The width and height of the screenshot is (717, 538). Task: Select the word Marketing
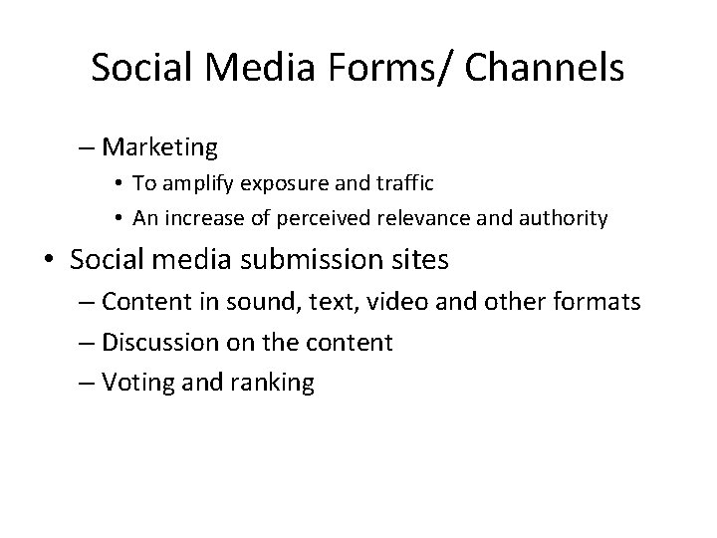pyautogui.click(x=159, y=148)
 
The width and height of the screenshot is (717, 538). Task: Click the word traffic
pyautogui.click(x=413, y=184)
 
